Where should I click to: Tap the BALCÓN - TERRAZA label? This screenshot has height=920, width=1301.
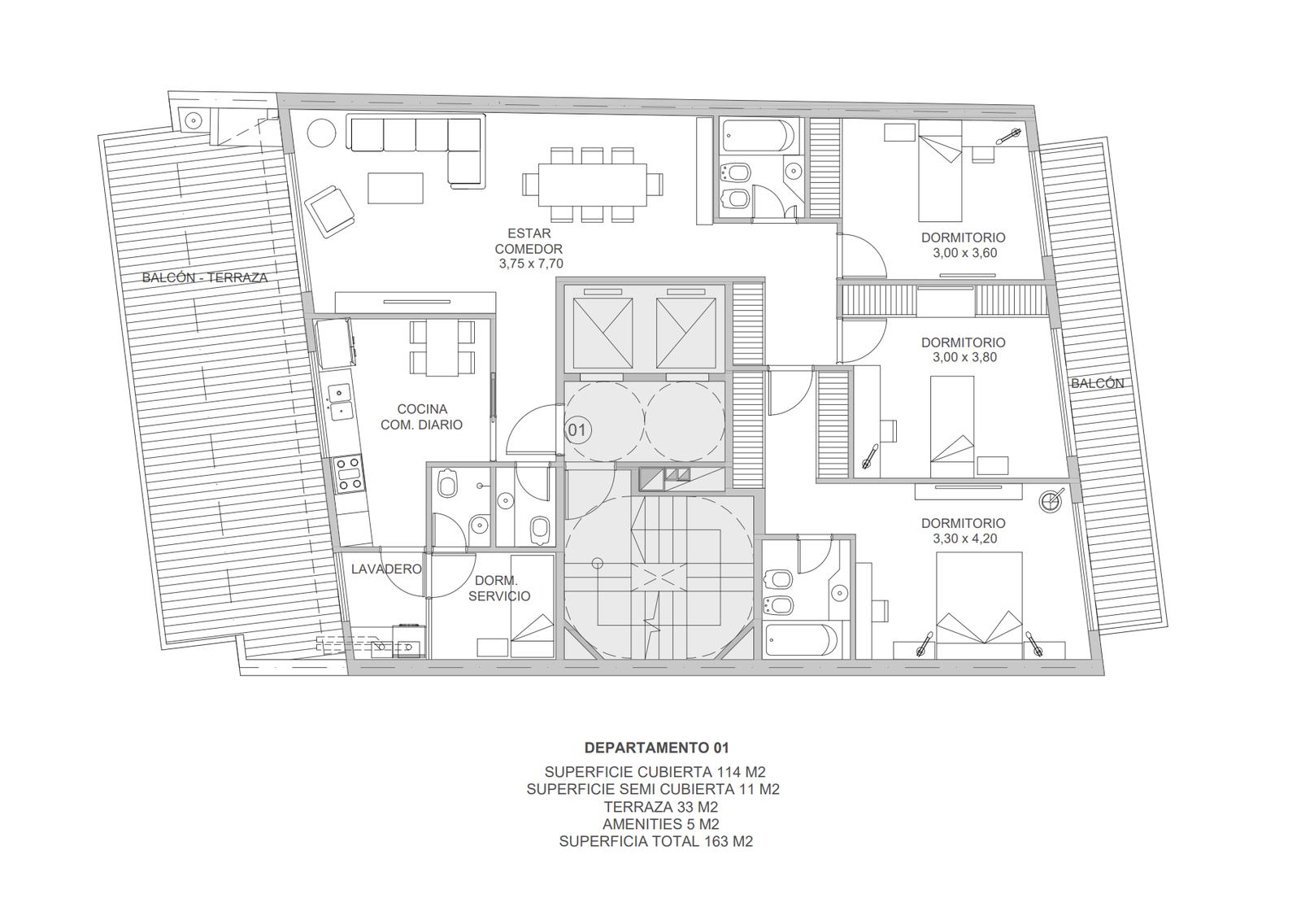tap(205, 278)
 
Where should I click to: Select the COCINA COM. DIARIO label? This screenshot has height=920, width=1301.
tap(422, 417)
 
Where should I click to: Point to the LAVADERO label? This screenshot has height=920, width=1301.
tap(386, 569)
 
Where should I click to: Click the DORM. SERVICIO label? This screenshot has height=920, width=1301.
tap(499, 588)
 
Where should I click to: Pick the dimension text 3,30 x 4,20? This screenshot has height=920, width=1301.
tap(964, 538)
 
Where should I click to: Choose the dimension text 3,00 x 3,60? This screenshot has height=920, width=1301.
tap(964, 253)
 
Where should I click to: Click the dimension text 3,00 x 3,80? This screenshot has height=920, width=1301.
tap(964, 357)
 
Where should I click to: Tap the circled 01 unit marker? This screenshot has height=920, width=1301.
tap(577, 430)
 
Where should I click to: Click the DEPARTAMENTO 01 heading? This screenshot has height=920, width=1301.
tap(656, 748)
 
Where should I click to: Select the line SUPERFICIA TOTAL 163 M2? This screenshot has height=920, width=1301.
tap(655, 842)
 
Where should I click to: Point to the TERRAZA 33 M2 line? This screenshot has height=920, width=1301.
tap(661, 807)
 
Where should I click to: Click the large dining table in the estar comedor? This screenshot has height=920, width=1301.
tap(593, 185)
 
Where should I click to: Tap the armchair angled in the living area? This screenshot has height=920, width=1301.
tap(330, 211)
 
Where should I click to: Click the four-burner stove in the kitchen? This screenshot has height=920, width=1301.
tap(349, 474)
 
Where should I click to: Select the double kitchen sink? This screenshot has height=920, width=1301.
tap(339, 402)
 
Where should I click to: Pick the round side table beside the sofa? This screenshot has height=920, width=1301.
tap(321, 133)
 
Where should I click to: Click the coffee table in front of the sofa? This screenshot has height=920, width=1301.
tap(395, 188)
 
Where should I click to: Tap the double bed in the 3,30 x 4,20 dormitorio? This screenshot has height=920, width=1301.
tap(979, 605)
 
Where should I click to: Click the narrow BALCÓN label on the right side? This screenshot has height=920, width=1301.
tap(1097, 384)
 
